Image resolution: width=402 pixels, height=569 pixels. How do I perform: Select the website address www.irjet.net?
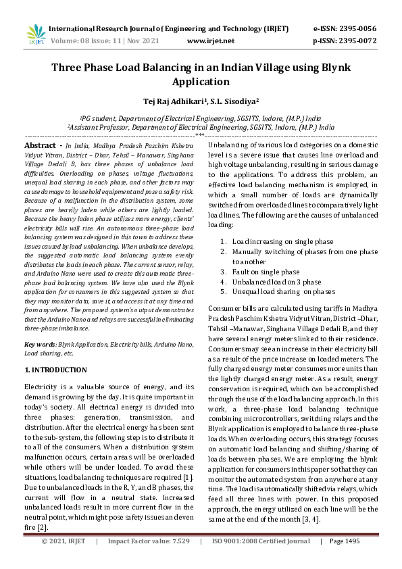click(210, 41)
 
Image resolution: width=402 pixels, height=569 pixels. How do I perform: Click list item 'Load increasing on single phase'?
click(282, 241)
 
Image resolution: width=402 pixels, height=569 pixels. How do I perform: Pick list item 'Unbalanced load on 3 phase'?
click(277, 282)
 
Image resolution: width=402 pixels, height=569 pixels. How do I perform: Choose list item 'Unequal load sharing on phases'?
click(283, 292)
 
